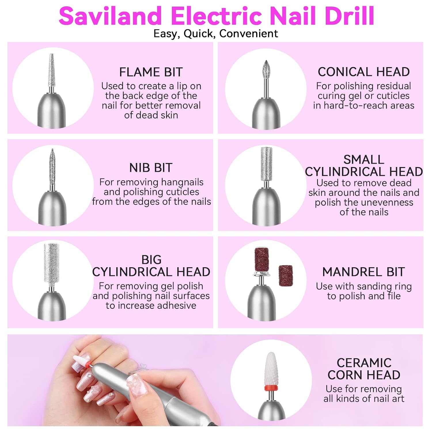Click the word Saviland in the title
pyautogui.click(x=110, y=16)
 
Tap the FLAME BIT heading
pyautogui.click(x=151, y=72)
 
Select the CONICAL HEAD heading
pyautogui.click(x=364, y=72)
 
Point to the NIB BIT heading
pyautogui.click(x=151, y=168)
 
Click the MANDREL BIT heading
pyautogui.click(x=363, y=272)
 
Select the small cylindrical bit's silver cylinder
pyautogui.click(x=266, y=164)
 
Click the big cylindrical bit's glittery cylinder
pyautogui.click(x=52, y=262)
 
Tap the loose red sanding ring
pyautogui.click(x=286, y=276)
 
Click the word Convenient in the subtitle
pyautogui.click(x=249, y=34)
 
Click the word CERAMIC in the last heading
pyautogui.click(x=364, y=363)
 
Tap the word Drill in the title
pyautogui.click(x=349, y=16)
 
